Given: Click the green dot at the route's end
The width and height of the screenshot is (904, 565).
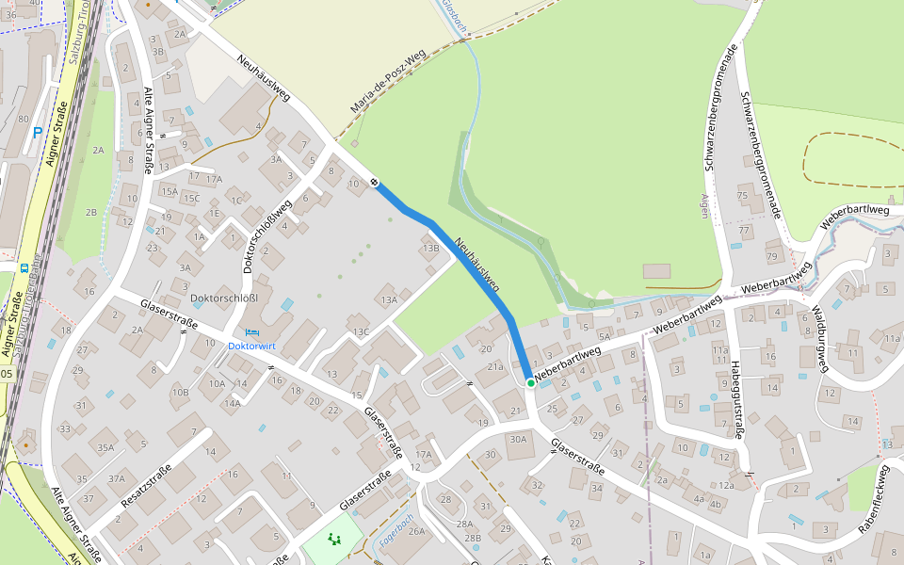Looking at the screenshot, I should point(531,383).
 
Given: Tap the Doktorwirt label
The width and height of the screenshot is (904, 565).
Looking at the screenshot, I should point(251,346).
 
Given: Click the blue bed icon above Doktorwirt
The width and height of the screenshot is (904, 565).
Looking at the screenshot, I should point(251,331).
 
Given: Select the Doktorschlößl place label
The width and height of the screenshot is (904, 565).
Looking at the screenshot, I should point(224,299).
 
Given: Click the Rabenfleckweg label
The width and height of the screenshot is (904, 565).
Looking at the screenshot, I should point(873,499).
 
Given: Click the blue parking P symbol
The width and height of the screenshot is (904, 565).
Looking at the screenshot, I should point(38,133).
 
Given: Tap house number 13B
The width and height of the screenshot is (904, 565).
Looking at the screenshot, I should point(431,249).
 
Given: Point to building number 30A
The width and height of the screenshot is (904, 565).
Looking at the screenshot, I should point(518,439).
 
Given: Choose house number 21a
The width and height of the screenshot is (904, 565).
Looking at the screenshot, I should point(495,366).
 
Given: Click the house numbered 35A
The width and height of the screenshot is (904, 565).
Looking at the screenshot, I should point(105,447).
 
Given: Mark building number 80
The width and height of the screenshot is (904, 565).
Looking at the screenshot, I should point(23,119).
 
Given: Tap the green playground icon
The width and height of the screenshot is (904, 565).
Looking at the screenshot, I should point(332,540).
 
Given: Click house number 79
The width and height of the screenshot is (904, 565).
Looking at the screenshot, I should point(772,257).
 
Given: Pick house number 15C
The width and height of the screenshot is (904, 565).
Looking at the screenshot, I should point(191,199).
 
